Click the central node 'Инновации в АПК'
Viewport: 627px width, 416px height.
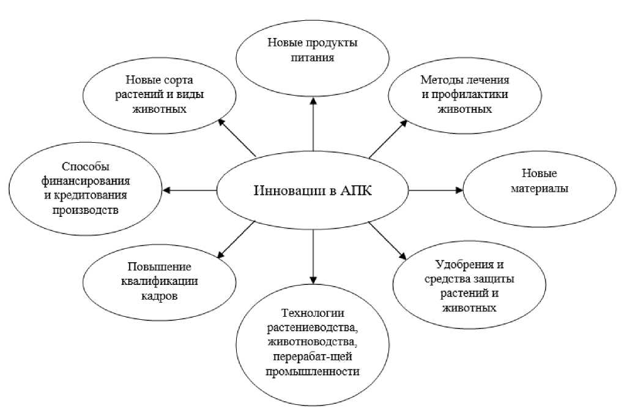[x=313, y=191]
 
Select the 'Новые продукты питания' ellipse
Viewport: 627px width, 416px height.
[x=313, y=52]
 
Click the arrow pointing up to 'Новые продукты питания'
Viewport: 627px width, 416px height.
[x=313, y=126]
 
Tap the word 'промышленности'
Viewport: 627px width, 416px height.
[x=312, y=372]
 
